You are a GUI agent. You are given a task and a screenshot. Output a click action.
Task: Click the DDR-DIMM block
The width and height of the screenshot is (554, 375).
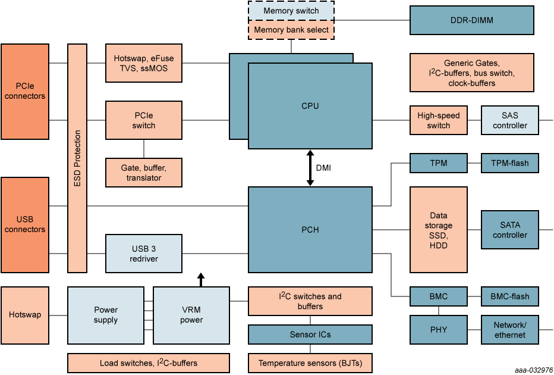tap(472, 20)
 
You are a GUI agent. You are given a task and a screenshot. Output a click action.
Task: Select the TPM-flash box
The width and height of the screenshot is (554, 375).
tap(510, 163)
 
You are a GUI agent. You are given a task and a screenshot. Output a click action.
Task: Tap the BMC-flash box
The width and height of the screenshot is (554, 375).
tap(510, 296)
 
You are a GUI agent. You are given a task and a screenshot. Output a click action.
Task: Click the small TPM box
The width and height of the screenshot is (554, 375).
tap(439, 163)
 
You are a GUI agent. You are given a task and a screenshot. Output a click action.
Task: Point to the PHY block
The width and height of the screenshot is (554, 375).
tap(439, 330)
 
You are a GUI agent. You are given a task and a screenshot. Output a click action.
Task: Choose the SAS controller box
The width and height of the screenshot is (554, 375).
tap(510, 120)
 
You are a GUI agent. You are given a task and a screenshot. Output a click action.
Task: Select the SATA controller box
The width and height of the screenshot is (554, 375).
tap(510, 230)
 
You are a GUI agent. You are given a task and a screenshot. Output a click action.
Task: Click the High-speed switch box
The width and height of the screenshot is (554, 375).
tap(439, 120)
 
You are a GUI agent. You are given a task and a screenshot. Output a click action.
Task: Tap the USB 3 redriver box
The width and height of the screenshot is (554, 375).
tap(144, 254)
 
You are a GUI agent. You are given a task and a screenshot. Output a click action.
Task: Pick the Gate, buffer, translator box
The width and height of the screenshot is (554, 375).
tap(144, 173)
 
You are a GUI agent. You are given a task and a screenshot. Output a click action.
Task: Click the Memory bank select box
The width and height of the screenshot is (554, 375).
tap(291, 30)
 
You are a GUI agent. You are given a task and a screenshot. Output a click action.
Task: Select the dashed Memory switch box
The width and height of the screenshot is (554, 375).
tap(291, 11)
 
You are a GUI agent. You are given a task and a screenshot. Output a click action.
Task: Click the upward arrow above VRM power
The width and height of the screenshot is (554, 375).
tap(201, 279)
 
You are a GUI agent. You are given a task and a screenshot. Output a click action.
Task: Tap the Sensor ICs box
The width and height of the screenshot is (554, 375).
tap(310, 335)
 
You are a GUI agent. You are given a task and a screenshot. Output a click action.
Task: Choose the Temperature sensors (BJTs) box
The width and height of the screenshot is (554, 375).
tap(310, 363)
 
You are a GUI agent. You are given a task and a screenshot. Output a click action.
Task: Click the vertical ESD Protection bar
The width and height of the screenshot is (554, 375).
tap(77, 158)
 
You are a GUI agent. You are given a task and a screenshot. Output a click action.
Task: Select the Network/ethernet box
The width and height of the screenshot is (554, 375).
tap(510, 330)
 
